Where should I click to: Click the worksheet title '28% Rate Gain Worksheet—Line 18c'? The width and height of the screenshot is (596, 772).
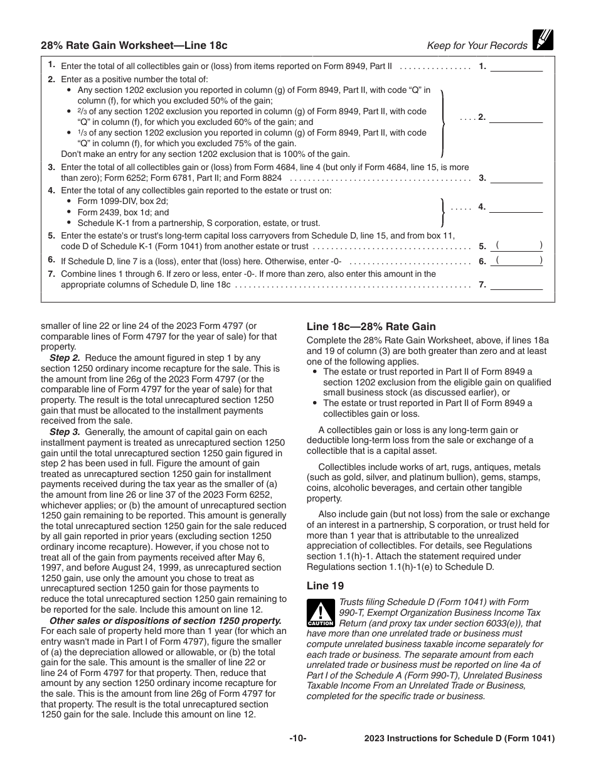(134, 45)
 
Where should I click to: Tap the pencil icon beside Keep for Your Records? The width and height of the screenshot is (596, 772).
(542, 40)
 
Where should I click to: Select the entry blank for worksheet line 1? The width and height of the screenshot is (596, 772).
(516, 67)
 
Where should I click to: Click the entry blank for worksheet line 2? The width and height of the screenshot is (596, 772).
(516, 117)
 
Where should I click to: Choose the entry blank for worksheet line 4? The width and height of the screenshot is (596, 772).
(516, 207)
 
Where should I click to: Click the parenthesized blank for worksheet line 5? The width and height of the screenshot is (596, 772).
(519, 246)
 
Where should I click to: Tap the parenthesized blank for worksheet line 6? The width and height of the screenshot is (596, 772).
(519, 261)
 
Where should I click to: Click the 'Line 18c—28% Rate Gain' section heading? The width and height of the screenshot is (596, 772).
(371, 326)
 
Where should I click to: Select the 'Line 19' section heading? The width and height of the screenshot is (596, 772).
(325, 586)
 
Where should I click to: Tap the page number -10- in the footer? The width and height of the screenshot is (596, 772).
(297, 739)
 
